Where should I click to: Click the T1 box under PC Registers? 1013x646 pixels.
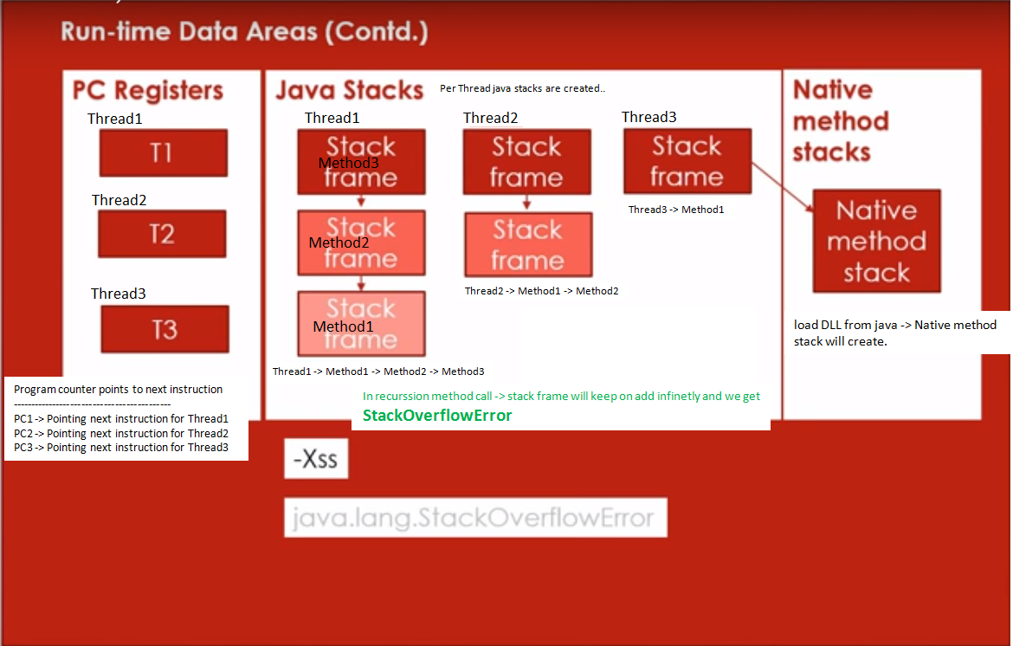pos(163,153)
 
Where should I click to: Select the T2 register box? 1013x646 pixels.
pos(162,234)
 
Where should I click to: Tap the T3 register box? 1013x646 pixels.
pos(165,329)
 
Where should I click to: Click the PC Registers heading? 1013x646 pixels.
pos(147,91)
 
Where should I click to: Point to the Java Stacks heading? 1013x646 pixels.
pos(349,91)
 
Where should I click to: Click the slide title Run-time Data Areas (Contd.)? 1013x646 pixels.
pos(244,33)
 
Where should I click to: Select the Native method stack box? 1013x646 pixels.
pos(876,242)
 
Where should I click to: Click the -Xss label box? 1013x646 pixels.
pos(316,459)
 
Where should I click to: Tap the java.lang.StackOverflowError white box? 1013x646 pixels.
pos(474,518)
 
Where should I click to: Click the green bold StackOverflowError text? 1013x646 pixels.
pos(437,416)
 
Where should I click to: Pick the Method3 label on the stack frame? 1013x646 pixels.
pos(348,163)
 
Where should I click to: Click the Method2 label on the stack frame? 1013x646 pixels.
pos(339,242)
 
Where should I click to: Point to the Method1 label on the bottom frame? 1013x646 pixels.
pos(343,326)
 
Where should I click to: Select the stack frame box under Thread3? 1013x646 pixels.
pos(687,161)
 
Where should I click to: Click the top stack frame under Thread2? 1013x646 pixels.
pos(526,162)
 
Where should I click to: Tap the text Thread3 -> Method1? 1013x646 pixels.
pos(675,210)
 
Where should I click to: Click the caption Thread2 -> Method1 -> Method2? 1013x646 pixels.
pos(541,291)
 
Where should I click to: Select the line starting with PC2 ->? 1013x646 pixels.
pos(121,433)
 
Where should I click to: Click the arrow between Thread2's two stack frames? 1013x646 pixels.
pos(526,203)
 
